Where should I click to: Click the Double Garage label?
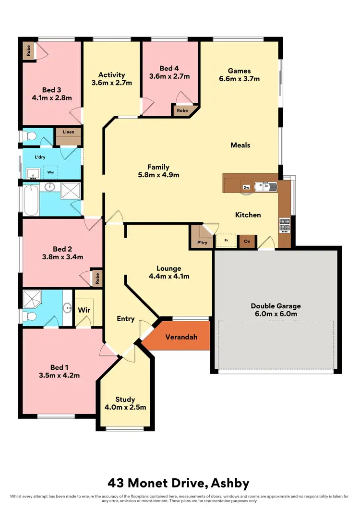tap(275, 306)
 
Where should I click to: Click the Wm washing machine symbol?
tap(50, 172)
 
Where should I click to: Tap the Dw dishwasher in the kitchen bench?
tap(246, 187)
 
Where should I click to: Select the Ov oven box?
tap(247, 241)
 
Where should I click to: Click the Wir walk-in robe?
tap(84, 310)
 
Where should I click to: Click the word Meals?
tap(240, 145)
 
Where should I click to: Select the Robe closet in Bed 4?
tap(183, 110)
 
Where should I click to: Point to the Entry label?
tap(126, 319)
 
